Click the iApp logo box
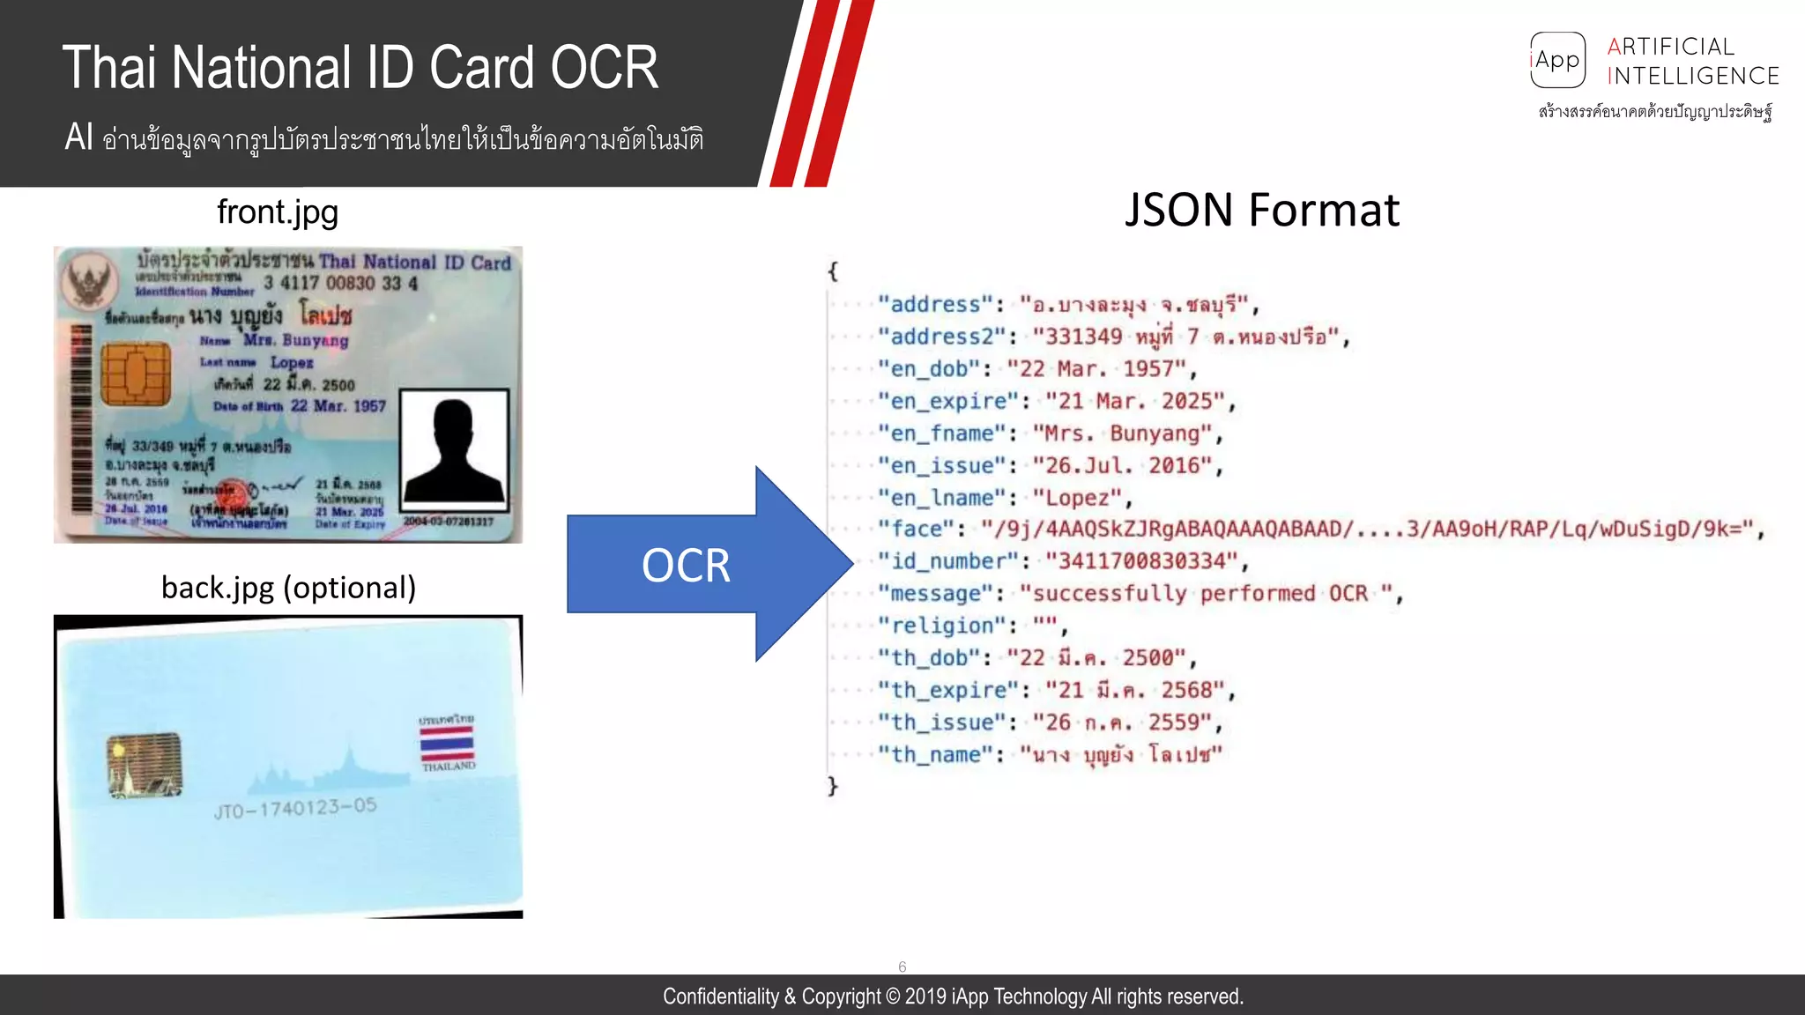(1557, 60)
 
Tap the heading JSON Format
(1261, 211)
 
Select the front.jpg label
(278, 212)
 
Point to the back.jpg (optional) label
(288, 588)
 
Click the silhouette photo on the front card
(455, 450)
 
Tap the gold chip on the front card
(135, 374)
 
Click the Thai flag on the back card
(447, 743)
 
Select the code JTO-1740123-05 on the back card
(295, 808)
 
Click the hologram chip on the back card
(145, 765)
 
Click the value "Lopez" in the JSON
(1082, 498)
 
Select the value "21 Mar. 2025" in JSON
(1135, 402)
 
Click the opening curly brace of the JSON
(833, 271)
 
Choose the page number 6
(902, 967)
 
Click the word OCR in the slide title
(605, 68)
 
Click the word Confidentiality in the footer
(720, 996)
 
